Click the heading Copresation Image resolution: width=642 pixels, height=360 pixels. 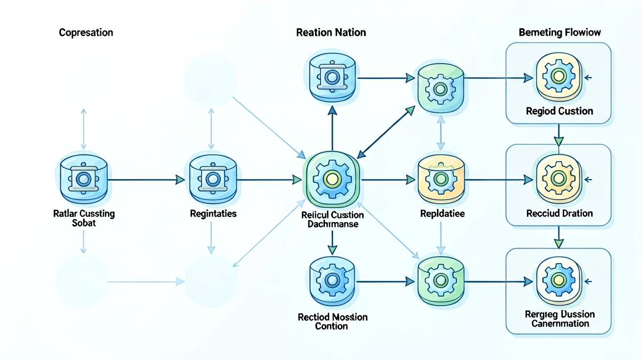point(86,33)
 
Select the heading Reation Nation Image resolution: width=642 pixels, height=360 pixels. point(331,32)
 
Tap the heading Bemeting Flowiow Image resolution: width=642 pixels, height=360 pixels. point(560,32)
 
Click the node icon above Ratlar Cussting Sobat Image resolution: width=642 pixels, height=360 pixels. point(84,179)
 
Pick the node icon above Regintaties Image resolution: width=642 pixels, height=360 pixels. point(213,179)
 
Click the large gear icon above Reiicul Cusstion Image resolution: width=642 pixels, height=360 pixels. point(332,180)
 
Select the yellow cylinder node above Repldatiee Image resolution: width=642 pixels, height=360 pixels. point(441,179)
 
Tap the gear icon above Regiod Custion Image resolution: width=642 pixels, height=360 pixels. point(559,76)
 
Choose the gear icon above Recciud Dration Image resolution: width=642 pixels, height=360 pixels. point(559,179)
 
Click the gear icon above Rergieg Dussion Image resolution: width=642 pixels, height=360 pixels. point(559,281)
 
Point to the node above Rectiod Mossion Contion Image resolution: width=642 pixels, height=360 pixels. point(332,281)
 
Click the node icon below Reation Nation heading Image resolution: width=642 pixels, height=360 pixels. point(332,77)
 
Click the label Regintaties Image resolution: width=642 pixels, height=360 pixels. point(213,214)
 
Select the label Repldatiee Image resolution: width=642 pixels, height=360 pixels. point(442,214)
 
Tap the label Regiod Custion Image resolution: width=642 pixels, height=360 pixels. point(559,111)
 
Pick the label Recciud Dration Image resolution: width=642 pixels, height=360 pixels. point(559,213)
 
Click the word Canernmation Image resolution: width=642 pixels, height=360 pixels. point(560,324)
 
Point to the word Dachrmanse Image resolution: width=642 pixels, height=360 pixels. point(333,224)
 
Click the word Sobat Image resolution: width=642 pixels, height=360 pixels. point(84,223)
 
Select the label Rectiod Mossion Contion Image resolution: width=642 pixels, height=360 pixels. point(332,322)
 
